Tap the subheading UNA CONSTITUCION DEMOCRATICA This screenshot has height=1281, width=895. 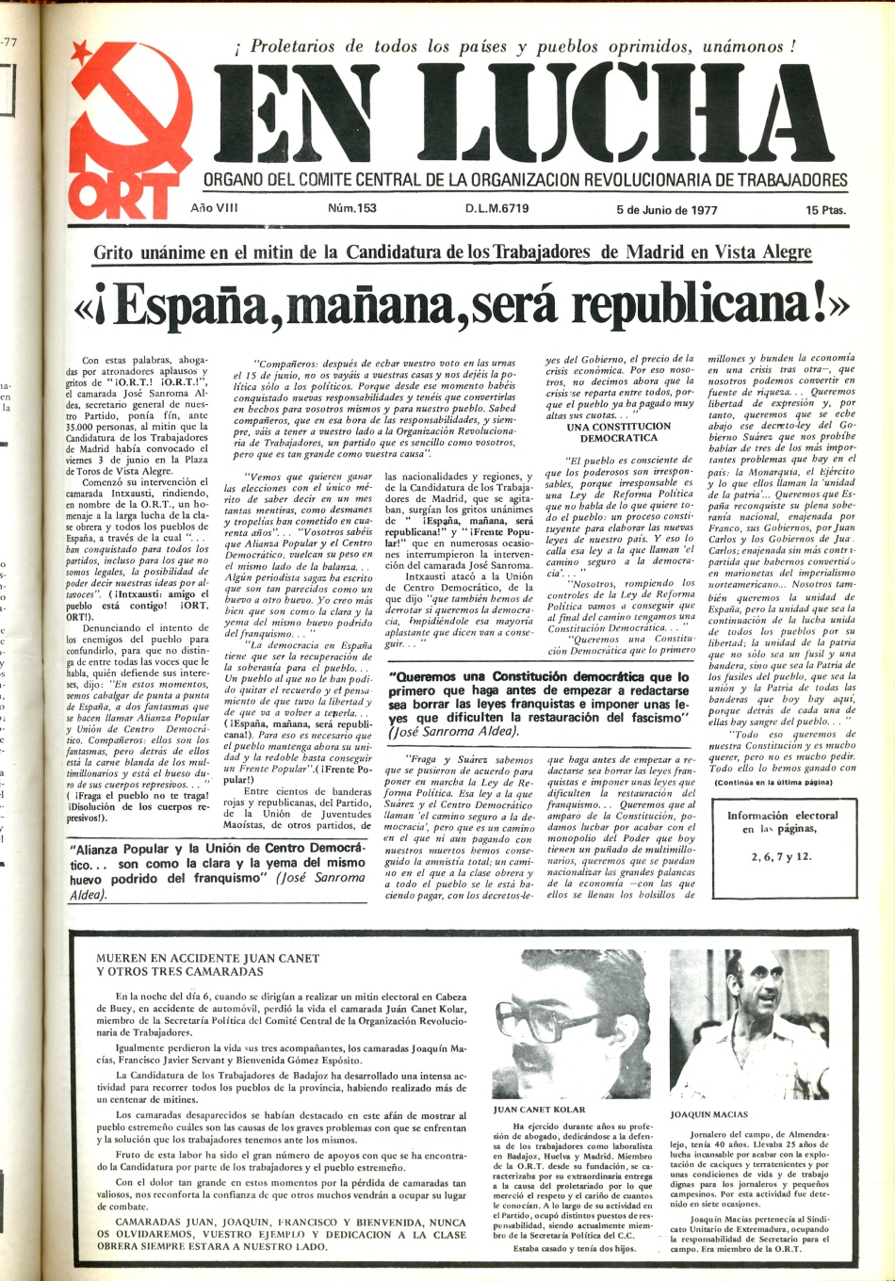coord(619,432)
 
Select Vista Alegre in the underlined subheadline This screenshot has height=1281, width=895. coord(766,252)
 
